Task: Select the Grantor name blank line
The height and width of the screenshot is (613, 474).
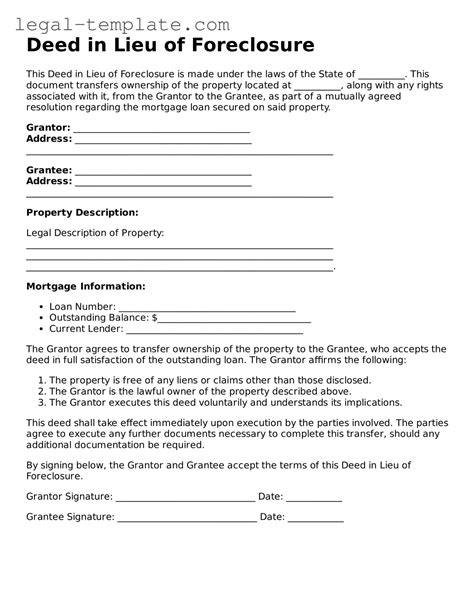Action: [162, 130]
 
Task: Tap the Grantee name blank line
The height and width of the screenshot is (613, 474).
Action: [162, 172]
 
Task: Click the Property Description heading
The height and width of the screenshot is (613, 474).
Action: [82, 212]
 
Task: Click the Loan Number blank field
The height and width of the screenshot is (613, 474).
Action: [207, 308]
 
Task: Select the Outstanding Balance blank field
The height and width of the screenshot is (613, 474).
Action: [235, 319]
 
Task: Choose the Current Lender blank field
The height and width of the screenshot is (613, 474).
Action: [217, 330]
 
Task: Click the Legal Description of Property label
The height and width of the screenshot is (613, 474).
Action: [95, 232]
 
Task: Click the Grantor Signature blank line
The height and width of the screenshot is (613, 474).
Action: [185, 497]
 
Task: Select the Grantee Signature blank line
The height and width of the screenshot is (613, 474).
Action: [187, 519]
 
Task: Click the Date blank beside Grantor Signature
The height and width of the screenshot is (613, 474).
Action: [315, 497]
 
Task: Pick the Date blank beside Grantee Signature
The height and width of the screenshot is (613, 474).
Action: [316, 519]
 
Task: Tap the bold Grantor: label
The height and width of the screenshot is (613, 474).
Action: [47, 128]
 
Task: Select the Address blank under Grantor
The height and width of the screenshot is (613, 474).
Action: [163, 141]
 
